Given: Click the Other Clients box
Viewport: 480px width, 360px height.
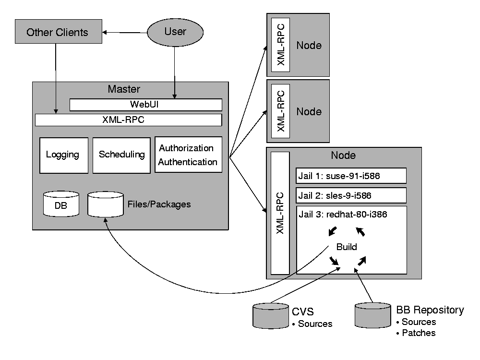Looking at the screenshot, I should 58,32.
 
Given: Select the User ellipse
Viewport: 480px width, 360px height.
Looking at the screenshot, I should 175,32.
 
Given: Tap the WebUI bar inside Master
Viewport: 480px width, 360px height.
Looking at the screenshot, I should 146,105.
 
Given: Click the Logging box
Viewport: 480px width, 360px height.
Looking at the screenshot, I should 64,155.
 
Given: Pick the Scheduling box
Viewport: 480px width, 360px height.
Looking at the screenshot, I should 121,155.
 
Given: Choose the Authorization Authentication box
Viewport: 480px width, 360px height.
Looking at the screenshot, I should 188,155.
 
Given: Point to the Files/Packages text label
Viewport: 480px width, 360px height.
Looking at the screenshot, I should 159,204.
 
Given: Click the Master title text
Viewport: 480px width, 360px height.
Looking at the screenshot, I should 124,89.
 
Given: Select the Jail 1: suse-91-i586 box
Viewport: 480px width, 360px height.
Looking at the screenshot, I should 351,176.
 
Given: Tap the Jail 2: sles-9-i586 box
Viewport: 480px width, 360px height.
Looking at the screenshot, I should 351,195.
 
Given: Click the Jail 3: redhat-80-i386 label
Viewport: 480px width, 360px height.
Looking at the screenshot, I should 343,215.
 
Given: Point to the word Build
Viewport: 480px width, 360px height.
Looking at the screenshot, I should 346,247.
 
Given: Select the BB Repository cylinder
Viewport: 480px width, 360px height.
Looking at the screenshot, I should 372,315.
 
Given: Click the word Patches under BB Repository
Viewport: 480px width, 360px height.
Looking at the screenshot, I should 419,333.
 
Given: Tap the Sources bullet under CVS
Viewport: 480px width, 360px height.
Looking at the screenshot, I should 315,324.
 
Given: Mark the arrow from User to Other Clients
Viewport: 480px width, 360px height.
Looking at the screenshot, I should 125,33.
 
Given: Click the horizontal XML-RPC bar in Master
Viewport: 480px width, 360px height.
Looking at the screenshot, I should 128,120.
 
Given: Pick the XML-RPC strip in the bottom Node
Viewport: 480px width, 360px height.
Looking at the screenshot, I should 280,213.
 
